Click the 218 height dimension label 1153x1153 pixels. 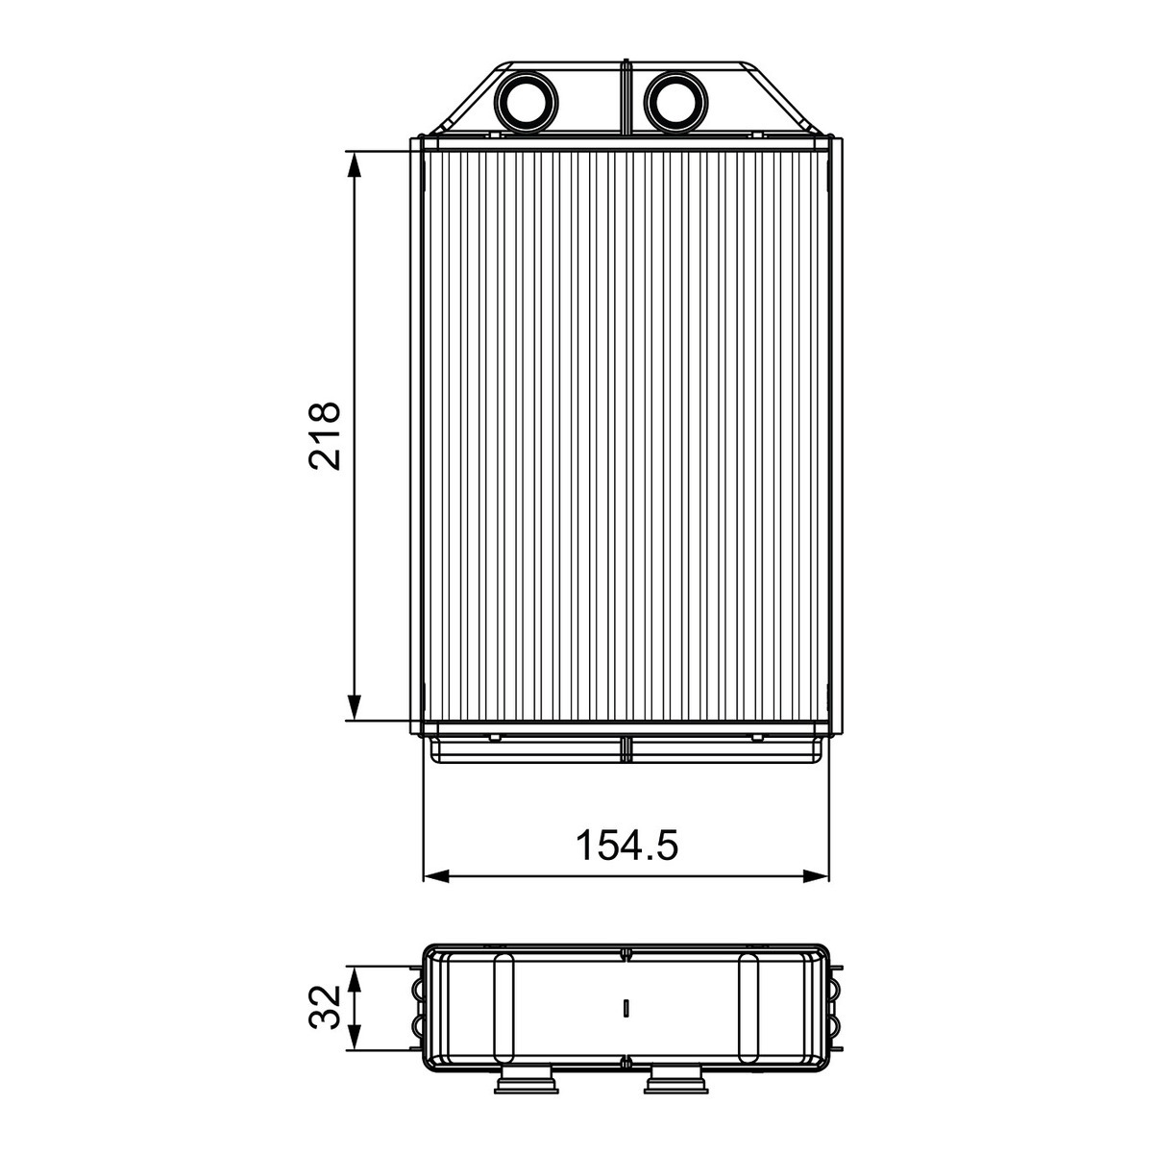(324, 435)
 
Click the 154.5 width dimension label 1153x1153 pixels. (626, 846)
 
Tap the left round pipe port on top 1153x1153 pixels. (527, 101)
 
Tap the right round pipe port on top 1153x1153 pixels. (676, 101)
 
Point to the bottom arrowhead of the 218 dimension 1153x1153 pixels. (355, 707)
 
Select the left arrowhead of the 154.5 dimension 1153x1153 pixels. (436, 876)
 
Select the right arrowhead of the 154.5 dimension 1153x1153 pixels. (816, 876)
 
